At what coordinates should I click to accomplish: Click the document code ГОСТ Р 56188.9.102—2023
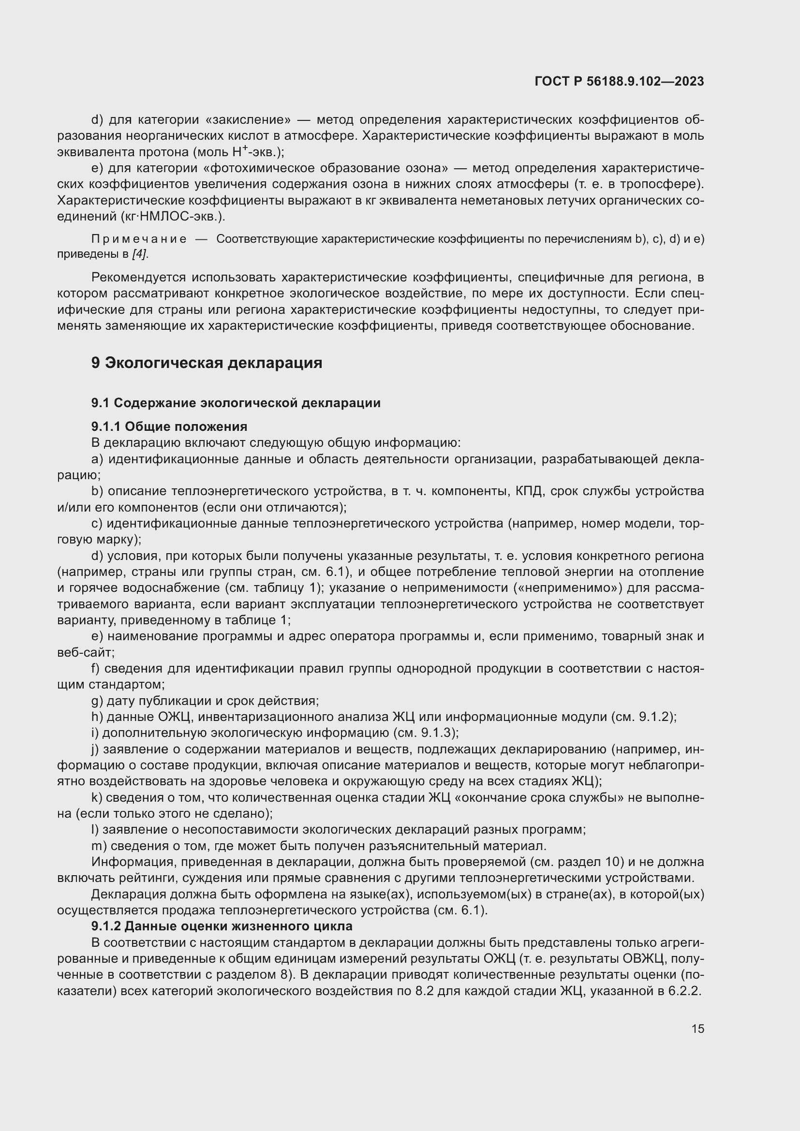pos(619,81)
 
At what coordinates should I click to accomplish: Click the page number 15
pos(697,1028)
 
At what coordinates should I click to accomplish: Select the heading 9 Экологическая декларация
pos(207,363)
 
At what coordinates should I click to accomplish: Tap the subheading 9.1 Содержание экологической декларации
pos(236,403)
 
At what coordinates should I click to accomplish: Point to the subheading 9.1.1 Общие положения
pos(169,426)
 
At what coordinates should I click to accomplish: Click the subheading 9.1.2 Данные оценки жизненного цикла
pos(222,926)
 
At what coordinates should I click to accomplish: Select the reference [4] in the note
pos(139,254)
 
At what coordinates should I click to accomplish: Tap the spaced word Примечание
pos(139,239)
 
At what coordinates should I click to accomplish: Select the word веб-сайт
pos(85,653)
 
